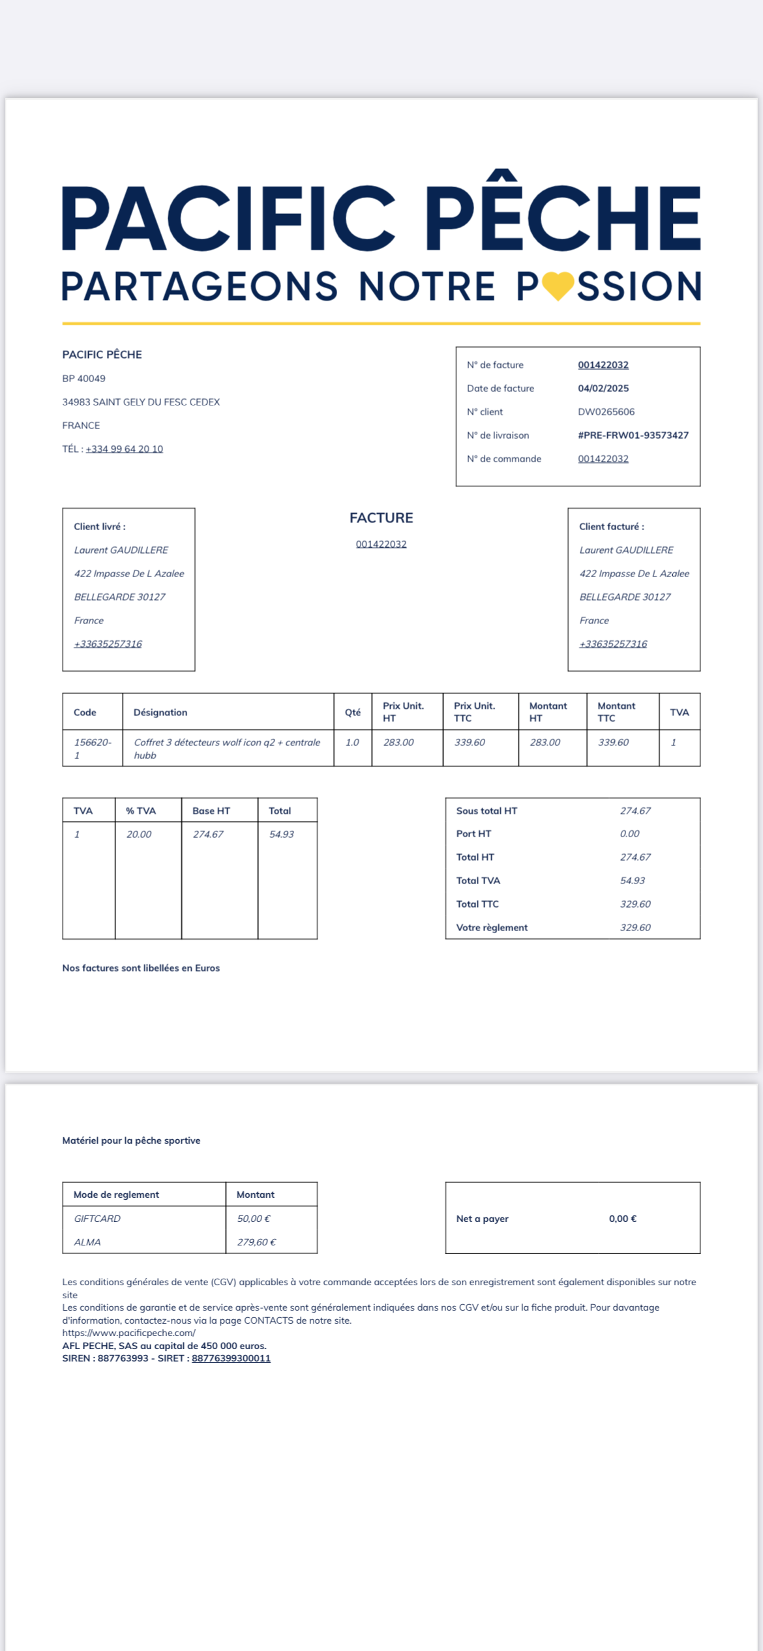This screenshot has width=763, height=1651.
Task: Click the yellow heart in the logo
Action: pos(558,286)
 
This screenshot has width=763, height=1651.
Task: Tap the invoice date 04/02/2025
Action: pos(603,388)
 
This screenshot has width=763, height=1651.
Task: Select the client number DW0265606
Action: pos(606,411)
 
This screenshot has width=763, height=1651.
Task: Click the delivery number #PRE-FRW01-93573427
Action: pos(633,435)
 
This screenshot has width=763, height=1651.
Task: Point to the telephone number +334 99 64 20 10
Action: pos(124,449)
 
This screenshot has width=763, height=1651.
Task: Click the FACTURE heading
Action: pos(381,518)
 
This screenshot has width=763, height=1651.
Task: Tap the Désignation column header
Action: pos(160,712)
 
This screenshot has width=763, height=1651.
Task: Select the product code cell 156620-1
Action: pos(92,748)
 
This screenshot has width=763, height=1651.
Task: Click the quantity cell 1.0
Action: pos(352,742)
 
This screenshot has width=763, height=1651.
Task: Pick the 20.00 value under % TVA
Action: pos(139,834)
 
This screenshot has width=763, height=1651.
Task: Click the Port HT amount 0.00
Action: pos(629,833)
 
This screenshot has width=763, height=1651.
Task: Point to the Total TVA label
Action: pos(478,880)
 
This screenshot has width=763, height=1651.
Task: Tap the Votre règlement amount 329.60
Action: pos(635,927)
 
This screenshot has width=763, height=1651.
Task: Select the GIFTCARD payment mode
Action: pos(97,1218)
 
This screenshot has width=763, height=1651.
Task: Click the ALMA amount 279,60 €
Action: pos(256,1242)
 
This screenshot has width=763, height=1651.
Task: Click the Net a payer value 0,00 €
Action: pos(622,1218)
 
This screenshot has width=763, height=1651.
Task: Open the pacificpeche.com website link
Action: pos(129,1333)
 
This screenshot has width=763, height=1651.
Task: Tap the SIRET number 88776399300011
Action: pos(231,1358)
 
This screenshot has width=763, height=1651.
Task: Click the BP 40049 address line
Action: pos(83,378)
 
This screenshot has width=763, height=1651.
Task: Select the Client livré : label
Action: pos(100,526)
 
